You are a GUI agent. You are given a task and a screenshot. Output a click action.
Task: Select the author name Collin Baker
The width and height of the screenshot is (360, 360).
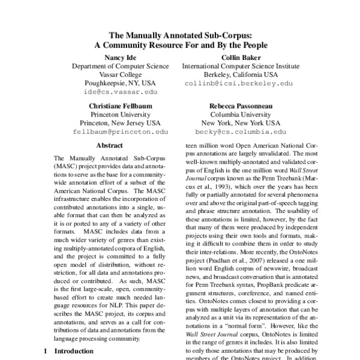pyautogui.click(x=238, y=57)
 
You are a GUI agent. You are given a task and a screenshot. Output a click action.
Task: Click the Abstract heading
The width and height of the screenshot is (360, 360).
pyautogui.click(x=109, y=145)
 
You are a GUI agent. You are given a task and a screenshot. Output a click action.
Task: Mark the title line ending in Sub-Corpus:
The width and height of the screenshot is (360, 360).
pyautogui.click(x=180, y=35)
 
